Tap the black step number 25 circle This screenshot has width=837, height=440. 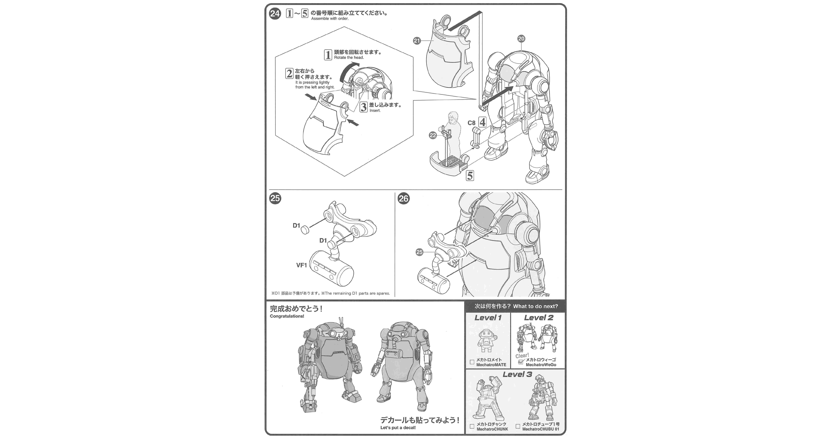pos(275,198)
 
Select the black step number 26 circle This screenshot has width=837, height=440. pos(403,198)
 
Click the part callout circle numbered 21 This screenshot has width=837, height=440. pos(417,41)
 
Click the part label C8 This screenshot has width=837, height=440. pos(471,123)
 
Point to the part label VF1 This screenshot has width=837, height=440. pos(302,265)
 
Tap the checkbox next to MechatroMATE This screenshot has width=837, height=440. pos(472,362)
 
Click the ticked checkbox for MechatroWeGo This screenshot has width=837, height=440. pos(521,362)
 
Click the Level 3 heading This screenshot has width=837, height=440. pos(517,374)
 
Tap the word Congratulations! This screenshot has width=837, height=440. pos(287,316)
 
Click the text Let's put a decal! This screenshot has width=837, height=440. pos(398,428)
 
